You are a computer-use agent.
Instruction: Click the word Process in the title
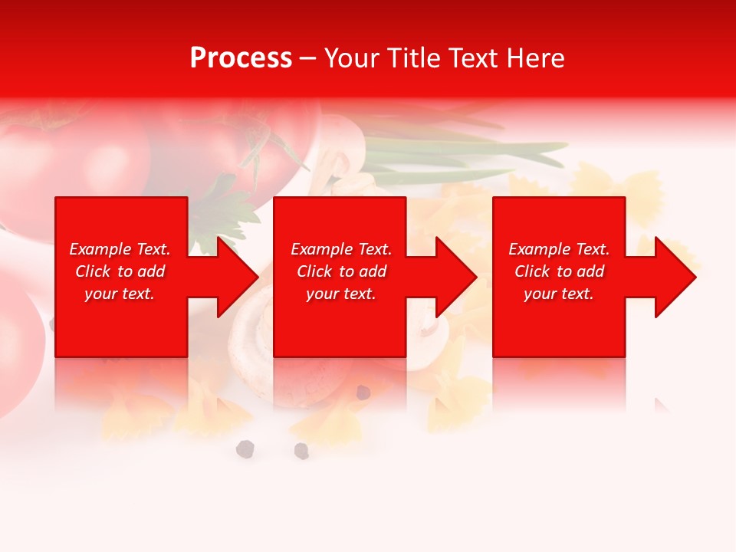[x=241, y=58]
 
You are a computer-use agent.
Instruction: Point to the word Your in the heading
[x=353, y=58]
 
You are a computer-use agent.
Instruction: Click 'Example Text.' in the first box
[x=120, y=249]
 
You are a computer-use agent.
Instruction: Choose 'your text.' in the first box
[x=120, y=294]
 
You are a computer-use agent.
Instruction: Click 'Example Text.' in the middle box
[x=341, y=249]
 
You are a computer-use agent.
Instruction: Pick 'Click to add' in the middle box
[x=341, y=271]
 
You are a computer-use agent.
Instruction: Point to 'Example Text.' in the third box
[x=559, y=249]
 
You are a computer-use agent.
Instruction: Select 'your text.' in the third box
[x=559, y=294]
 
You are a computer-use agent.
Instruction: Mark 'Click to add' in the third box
[x=559, y=271]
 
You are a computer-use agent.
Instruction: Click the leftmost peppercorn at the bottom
[x=245, y=449]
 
